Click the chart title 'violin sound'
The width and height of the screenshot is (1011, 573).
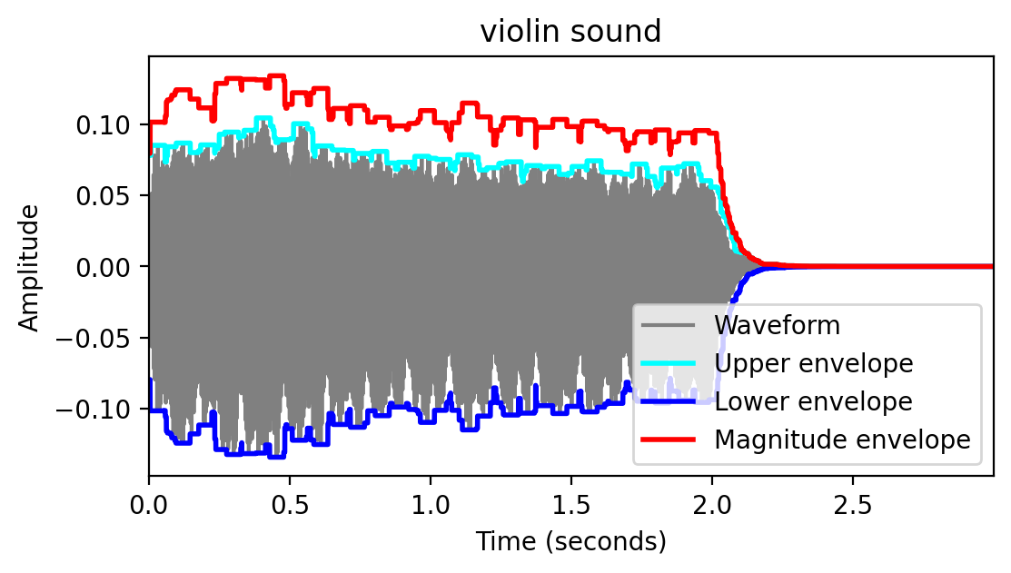coord(570,32)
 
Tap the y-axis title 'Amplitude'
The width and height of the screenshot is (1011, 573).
coord(29,267)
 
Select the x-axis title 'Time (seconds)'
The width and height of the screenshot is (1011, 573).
coord(570,542)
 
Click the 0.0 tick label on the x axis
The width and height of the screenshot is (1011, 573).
coord(149,502)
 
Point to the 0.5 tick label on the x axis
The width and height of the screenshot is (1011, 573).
coord(290,502)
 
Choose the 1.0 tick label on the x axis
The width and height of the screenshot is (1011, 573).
coord(431,502)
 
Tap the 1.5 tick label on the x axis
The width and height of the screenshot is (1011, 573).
coord(571,502)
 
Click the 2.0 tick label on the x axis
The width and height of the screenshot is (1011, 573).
coord(712,502)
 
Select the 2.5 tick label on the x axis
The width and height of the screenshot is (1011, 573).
coord(853,502)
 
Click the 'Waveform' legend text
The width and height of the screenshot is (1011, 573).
coord(777,324)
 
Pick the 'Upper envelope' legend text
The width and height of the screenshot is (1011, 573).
coord(813,363)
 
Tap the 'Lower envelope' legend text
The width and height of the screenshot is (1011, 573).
coord(813,401)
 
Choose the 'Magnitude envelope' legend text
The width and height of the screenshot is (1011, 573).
coord(842,440)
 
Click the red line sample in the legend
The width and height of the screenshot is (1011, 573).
coord(669,440)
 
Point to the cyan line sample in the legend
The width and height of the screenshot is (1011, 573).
coord(669,363)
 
